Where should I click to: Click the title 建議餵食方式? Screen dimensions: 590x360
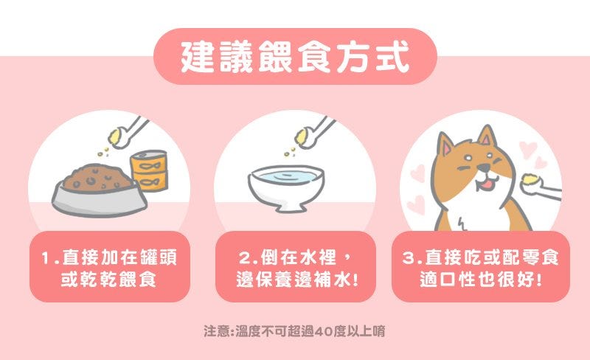[x=295, y=57]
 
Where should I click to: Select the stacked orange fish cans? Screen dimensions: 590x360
[x=150, y=170]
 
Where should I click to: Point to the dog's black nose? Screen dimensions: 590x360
[x=483, y=167]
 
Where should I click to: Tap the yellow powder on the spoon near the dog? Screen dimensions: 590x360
[x=531, y=178]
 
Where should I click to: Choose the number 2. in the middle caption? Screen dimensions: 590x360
[x=249, y=258]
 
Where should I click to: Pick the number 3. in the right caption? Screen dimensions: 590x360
[x=412, y=258]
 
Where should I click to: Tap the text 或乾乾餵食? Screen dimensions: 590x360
[x=108, y=280]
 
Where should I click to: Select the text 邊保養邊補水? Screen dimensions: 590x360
[x=297, y=280]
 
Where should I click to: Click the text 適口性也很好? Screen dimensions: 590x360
[x=481, y=280]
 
